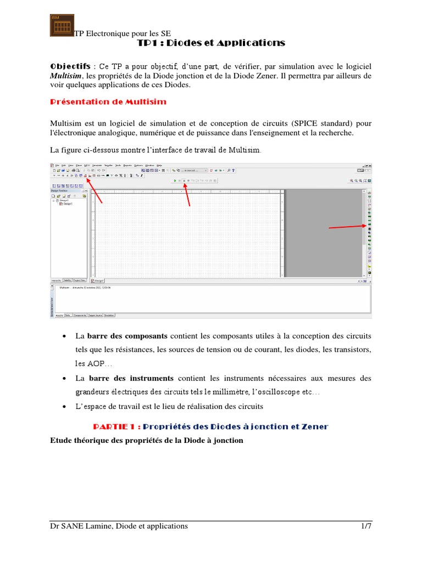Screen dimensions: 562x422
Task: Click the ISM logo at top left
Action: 62,25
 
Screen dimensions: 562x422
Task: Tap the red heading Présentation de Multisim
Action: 108,102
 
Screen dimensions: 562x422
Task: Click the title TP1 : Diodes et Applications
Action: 210,43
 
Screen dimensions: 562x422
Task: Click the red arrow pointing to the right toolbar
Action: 347,227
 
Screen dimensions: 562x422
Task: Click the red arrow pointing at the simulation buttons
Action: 187,195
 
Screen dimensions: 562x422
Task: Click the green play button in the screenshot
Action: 175,180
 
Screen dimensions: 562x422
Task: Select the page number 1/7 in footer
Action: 366,526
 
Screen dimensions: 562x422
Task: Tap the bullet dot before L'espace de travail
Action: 65,407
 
